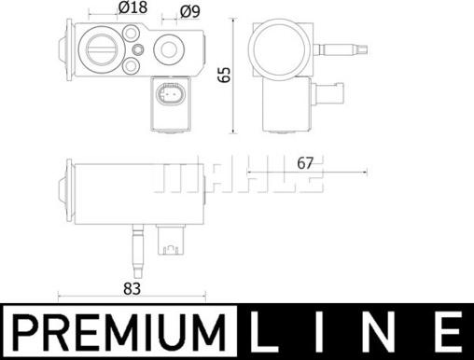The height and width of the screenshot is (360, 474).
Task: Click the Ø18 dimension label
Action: [x=132, y=7]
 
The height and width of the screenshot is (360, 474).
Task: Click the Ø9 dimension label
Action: [x=190, y=12]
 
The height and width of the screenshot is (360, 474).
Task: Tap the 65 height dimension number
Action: [x=224, y=75]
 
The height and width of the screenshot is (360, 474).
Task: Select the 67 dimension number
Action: [x=305, y=163]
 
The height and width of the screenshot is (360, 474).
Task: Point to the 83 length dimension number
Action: [x=132, y=289]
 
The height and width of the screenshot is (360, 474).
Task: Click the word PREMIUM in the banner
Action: [x=120, y=332]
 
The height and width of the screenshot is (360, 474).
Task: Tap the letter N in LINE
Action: [x=380, y=332]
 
